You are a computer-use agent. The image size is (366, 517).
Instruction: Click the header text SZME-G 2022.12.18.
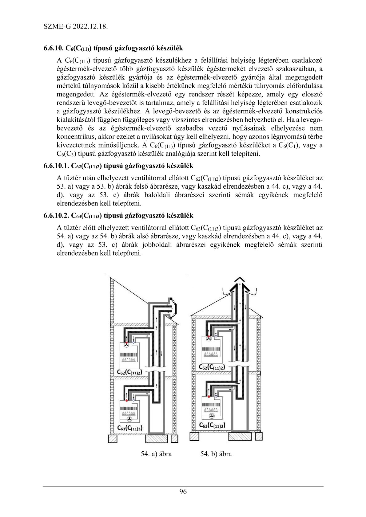(x=75, y=27)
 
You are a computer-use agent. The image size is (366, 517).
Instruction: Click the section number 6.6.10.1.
(x=56, y=166)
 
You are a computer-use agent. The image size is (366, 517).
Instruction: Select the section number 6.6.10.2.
(x=56, y=216)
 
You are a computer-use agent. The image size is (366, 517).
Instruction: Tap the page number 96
(x=183, y=492)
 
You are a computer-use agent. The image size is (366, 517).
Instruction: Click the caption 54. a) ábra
(x=156, y=454)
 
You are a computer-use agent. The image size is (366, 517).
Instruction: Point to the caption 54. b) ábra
(x=216, y=454)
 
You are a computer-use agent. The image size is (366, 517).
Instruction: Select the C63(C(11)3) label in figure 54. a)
(x=129, y=428)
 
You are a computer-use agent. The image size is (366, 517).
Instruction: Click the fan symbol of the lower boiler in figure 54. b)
(x=212, y=416)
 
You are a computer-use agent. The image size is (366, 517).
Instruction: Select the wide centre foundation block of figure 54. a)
(x=156, y=438)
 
